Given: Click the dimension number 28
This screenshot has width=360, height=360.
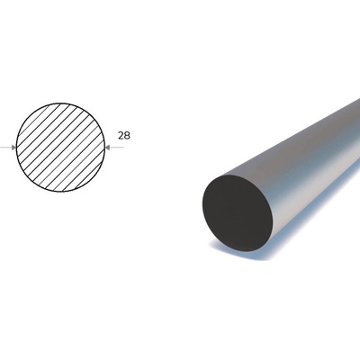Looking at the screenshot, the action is pos(124,136).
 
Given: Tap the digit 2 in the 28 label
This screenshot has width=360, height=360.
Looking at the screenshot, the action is pos(121,136).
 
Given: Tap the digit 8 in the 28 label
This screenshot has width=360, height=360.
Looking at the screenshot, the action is pos(128,136).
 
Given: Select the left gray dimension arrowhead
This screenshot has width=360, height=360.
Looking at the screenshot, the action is pos(13,148).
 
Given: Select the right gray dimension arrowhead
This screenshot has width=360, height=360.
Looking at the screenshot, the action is pos(108,148).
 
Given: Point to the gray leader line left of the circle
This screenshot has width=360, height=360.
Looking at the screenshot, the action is pos(5,148).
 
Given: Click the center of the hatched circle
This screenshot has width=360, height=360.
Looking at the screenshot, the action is pos(60,148).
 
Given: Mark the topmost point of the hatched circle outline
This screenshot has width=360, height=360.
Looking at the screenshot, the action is pos(60,103).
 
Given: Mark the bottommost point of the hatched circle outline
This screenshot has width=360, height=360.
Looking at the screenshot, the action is pos(60,192).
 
